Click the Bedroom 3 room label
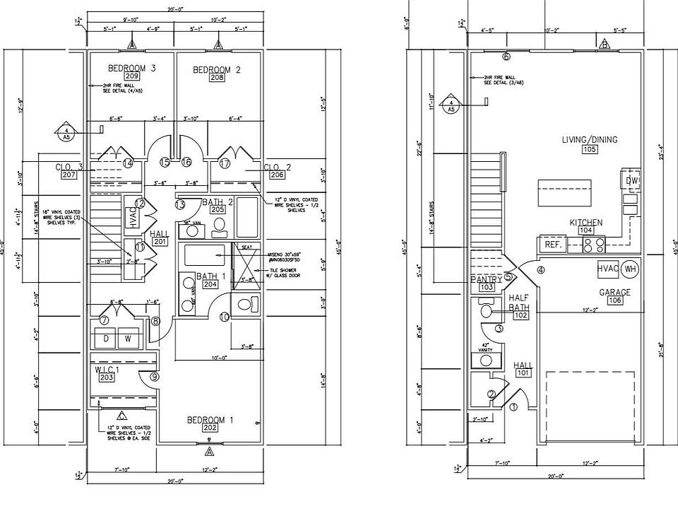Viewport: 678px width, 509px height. (131, 68)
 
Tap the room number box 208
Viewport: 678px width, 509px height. (218, 78)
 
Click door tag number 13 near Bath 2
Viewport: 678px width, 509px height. (179, 205)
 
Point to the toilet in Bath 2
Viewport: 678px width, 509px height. (219, 226)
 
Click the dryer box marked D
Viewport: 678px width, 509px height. (107, 338)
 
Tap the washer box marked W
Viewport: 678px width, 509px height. (129, 338)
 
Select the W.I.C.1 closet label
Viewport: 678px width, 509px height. (107, 369)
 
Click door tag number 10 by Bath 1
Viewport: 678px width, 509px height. (224, 317)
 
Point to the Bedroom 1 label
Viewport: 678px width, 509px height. (210, 420)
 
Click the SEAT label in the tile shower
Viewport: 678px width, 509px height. (247, 247)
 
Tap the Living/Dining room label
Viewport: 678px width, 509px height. (589, 139)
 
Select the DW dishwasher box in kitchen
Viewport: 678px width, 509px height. (631, 181)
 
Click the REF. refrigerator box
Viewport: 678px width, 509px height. (552, 244)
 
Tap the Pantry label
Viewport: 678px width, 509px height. (486, 279)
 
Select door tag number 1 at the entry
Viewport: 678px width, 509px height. (513, 406)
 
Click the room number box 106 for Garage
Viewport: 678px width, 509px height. (614, 300)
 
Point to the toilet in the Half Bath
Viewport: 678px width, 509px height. (487, 310)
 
